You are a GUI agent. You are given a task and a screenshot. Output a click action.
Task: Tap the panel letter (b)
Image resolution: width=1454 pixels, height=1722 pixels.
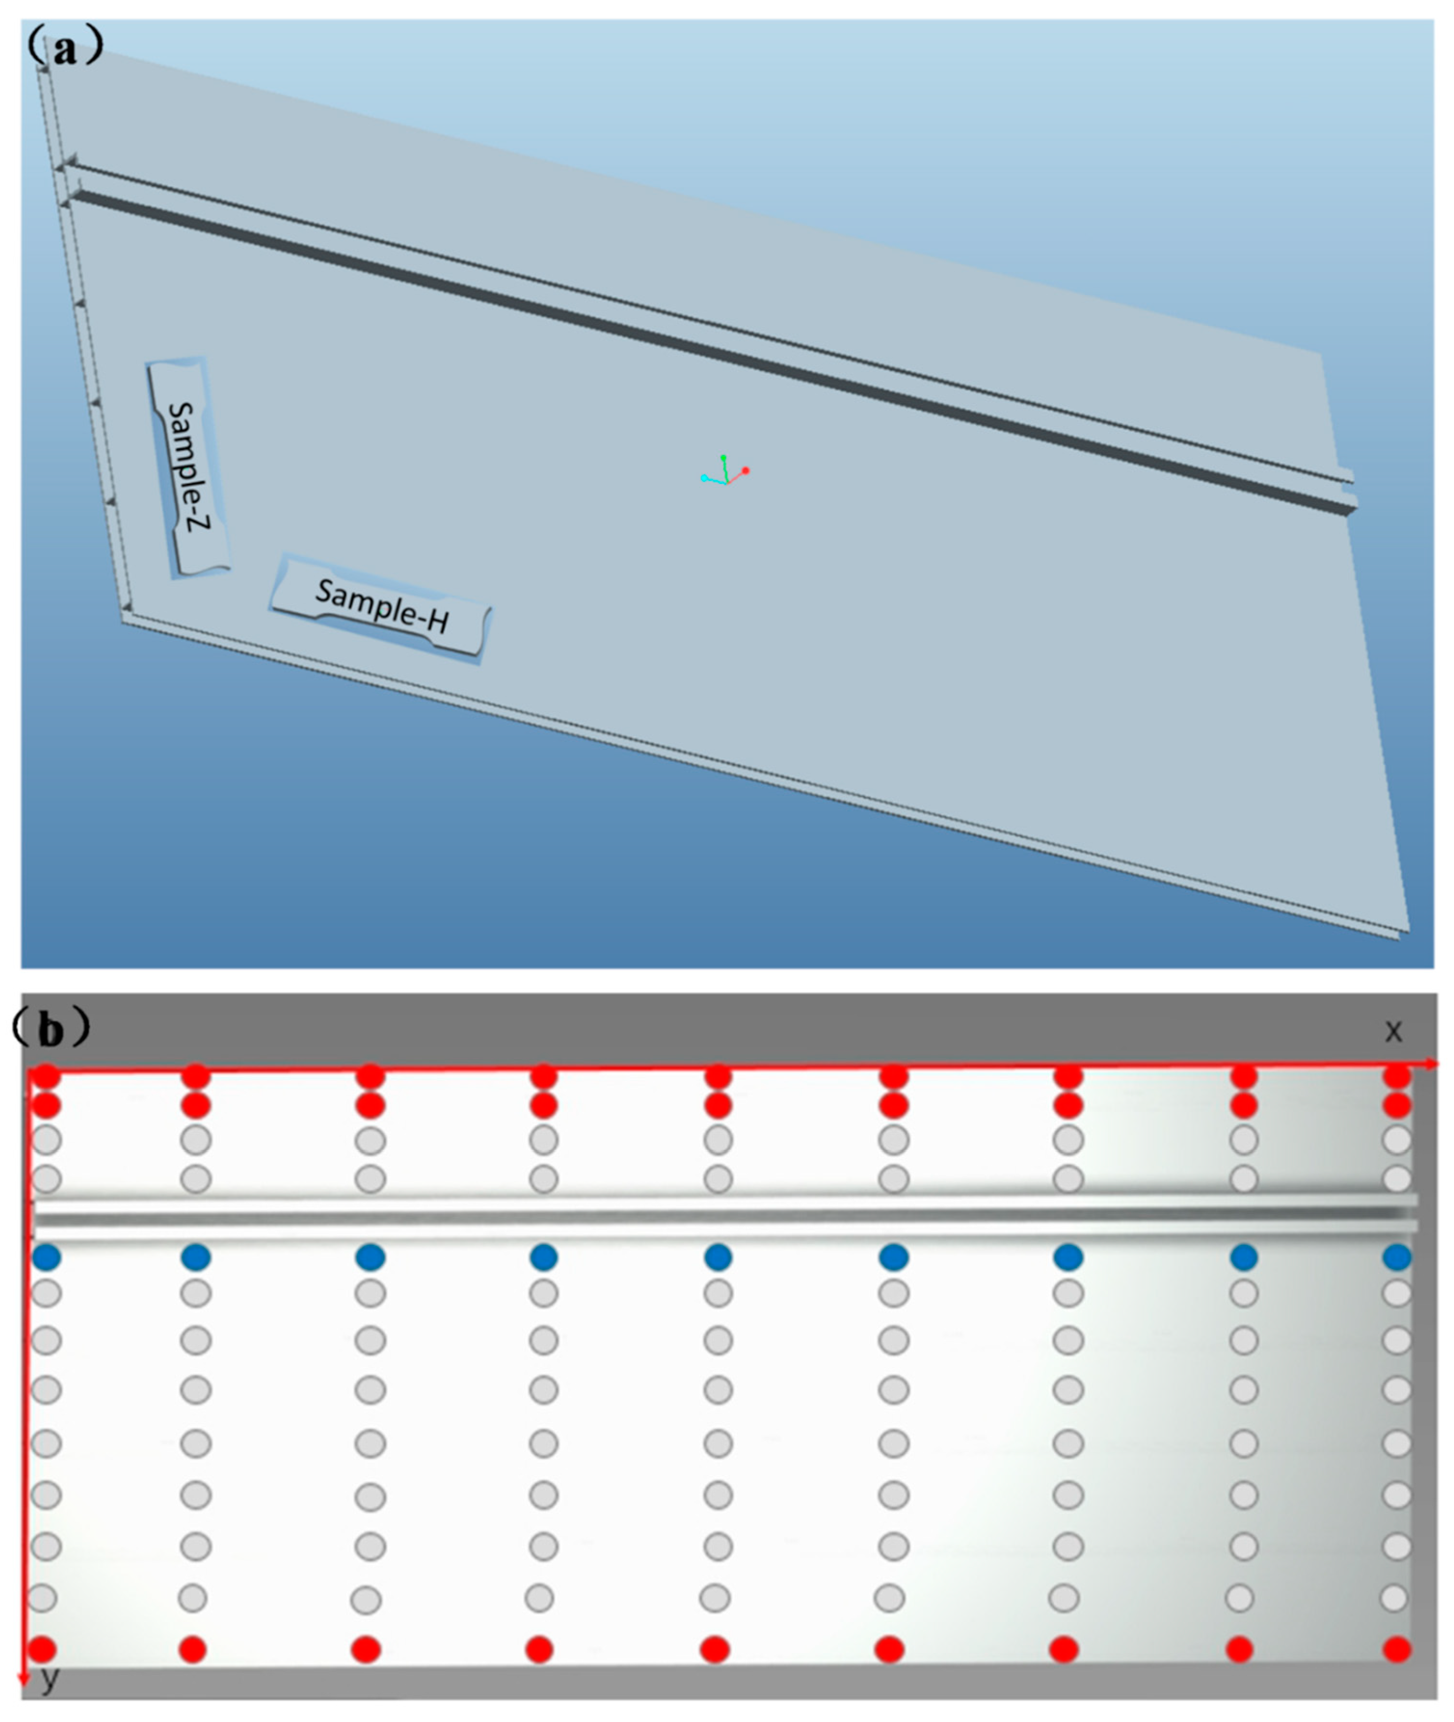(x=51, y=1029)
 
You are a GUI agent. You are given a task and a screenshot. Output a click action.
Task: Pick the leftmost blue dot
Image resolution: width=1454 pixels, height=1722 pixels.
(x=47, y=1257)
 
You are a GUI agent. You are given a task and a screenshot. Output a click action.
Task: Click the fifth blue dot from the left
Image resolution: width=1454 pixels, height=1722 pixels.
(x=718, y=1257)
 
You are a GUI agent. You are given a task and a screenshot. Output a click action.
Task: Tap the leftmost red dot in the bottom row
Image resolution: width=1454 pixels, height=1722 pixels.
(x=43, y=1649)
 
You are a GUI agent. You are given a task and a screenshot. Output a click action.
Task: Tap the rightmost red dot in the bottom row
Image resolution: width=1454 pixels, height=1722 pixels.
(x=1397, y=1649)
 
